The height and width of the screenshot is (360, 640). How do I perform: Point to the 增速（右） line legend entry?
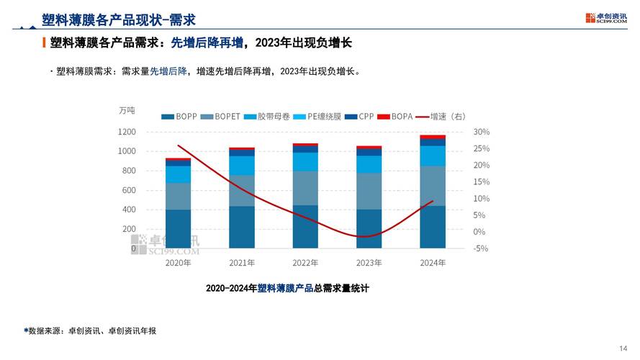click(440, 116)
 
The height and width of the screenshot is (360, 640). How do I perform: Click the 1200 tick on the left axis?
click(127, 132)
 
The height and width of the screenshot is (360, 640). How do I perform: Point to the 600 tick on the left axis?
click(129, 190)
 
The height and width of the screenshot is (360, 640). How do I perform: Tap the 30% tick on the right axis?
click(481, 132)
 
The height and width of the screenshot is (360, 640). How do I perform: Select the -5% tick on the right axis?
click(481, 248)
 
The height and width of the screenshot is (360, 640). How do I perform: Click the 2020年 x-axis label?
click(178, 263)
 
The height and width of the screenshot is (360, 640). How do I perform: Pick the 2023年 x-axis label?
click(369, 263)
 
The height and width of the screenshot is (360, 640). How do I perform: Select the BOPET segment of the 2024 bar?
click(433, 186)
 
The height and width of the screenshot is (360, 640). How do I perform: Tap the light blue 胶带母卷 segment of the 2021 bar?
click(242, 166)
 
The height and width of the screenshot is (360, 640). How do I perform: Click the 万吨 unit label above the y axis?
click(127, 110)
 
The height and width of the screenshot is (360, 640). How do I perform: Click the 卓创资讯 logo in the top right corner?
click(606, 17)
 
